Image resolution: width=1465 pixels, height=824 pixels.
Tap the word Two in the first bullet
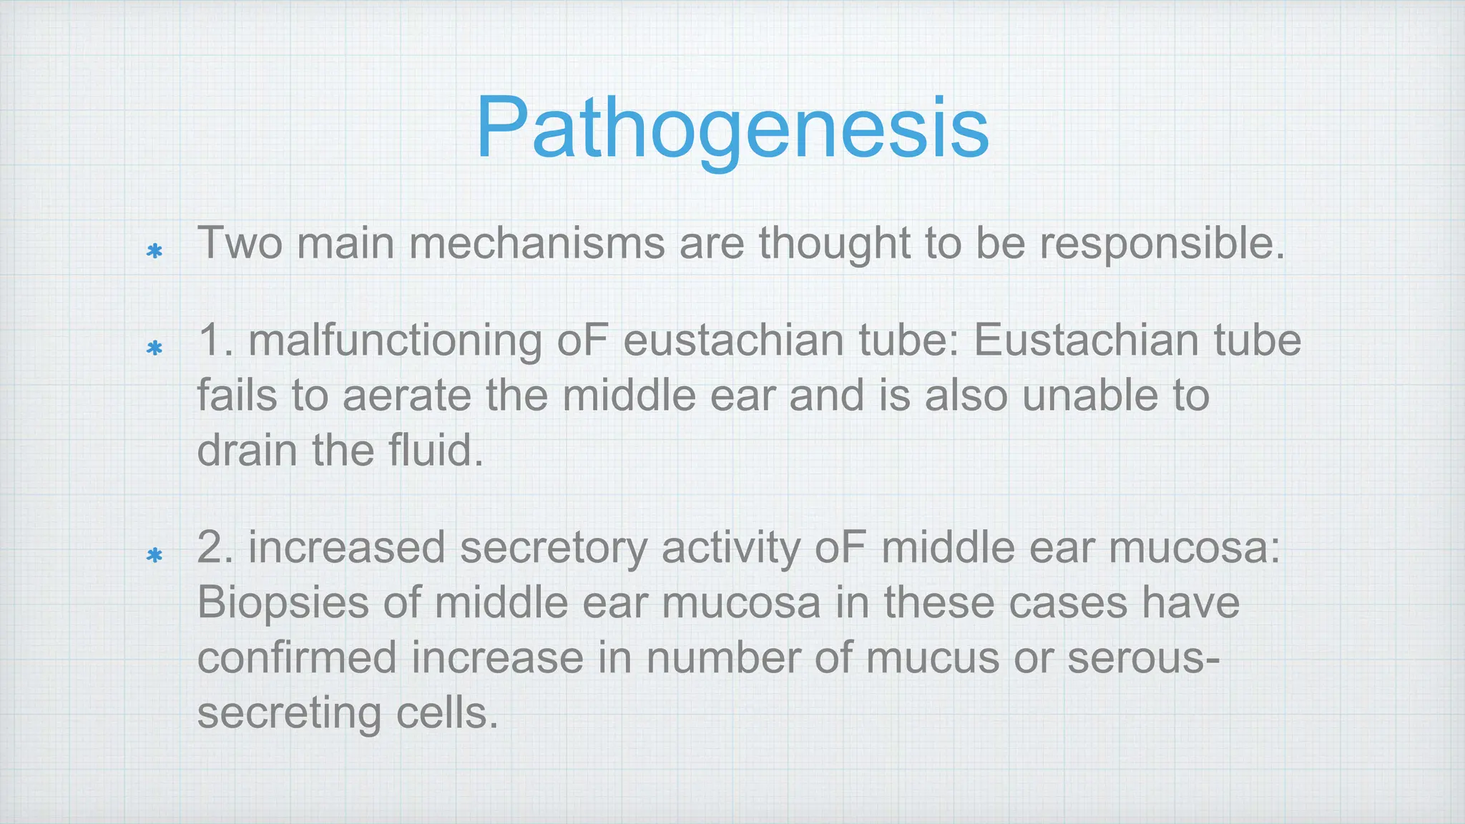pos(240,243)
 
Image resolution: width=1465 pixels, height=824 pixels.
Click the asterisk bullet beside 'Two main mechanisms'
pos(154,251)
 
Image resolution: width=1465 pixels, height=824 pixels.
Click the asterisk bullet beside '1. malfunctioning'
pos(154,348)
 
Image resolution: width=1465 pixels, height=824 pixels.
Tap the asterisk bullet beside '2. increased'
pos(154,555)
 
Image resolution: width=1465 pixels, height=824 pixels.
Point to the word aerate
pos(406,396)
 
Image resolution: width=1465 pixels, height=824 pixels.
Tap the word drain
pos(246,451)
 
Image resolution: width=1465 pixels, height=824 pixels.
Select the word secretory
pos(552,548)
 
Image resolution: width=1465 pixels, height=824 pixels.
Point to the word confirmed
pos(296,658)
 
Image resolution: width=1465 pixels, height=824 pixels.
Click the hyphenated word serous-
pos(1143,658)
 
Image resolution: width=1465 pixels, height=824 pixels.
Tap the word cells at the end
pos(446,713)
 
